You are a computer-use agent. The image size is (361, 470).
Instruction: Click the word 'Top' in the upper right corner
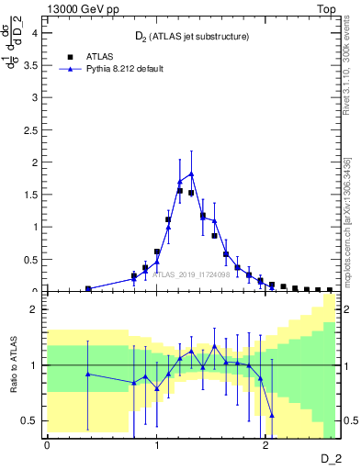coord(325,8)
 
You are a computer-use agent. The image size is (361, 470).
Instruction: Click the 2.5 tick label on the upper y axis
coord(30,129)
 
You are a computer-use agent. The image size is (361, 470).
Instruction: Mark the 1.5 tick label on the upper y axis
coord(30,195)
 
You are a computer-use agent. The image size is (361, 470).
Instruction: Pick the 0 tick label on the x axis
coord(47,446)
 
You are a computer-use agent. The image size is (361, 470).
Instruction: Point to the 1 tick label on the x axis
coord(156,446)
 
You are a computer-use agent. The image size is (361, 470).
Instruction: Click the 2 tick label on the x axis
coord(265,446)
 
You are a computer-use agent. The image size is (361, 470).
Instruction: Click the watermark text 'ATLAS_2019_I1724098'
coord(190,274)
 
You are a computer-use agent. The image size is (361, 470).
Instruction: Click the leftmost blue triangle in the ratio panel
coord(88,374)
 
